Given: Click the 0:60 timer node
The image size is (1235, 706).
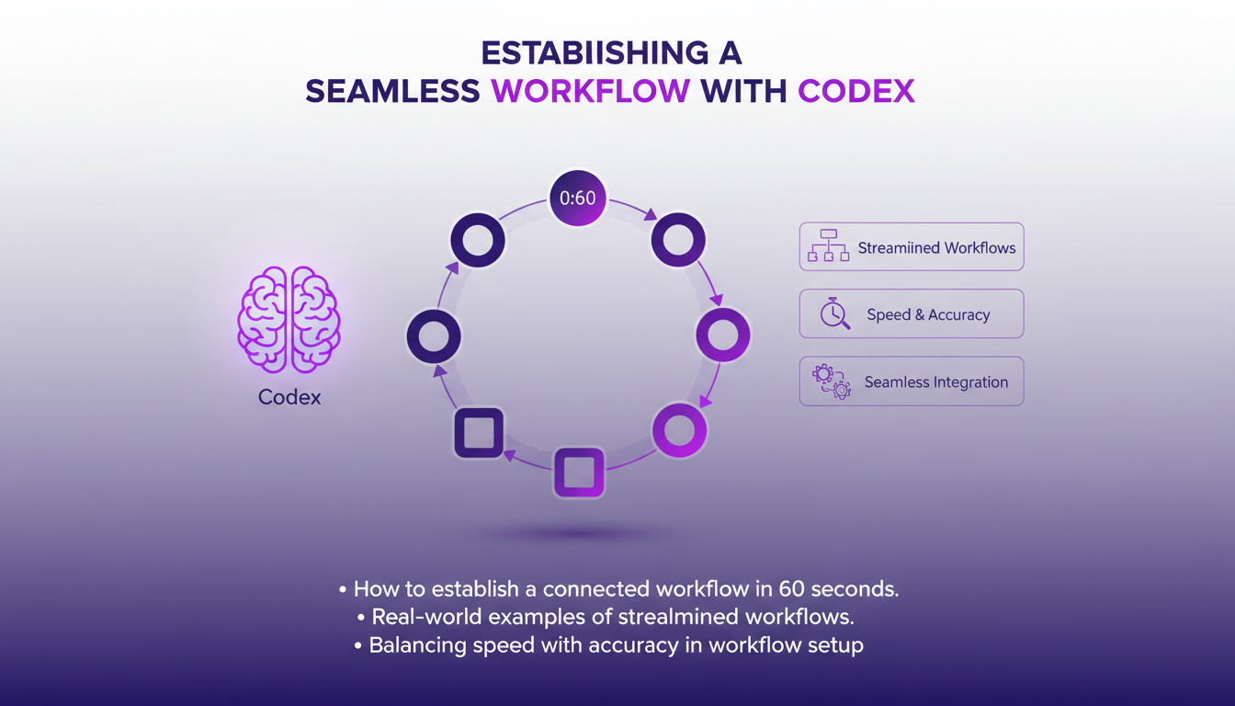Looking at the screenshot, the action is pyautogui.click(x=577, y=198).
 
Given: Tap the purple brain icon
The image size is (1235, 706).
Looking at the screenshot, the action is pyautogui.click(x=289, y=320).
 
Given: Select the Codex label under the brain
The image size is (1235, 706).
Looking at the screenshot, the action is pyautogui.click(x=289, y=397).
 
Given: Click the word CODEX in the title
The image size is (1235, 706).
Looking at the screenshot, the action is pyautogui.click(x=856, y=92).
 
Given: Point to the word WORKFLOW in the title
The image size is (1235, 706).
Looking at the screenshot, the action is pyautogui.click(x=591, y=92).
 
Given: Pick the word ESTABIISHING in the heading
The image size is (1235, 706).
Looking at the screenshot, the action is pyautogui.click(x=595, y=53).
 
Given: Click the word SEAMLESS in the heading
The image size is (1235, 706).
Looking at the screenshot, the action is pyautogui.click(x=392, y=92).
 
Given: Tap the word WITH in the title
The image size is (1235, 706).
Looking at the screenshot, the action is pyautogui.click(x=743, y=92).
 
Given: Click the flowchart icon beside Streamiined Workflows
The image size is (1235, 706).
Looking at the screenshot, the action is pyautogui.click(x=828, y=245).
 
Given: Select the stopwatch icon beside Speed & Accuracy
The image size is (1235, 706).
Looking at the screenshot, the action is pyautogui.click(x=834, y=313).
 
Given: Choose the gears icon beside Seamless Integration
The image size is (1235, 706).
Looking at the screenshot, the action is pyautogui.click(x=832, y=381).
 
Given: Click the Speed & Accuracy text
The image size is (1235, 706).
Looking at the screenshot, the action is pyautogui.click(x=928, y=315).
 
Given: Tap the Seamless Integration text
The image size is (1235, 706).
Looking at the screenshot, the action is pyautogui.click(x=936, y=382).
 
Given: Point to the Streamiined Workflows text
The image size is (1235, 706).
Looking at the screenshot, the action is pyautogui.click(x=936, y=248).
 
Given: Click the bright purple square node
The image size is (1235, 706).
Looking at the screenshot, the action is pyautogui.click(x=579, y=473).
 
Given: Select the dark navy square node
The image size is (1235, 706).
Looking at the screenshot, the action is pyautogui.click(x=479, y=432).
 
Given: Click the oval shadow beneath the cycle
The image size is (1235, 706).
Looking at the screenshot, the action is pyautogui.click(x=579, y=533).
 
